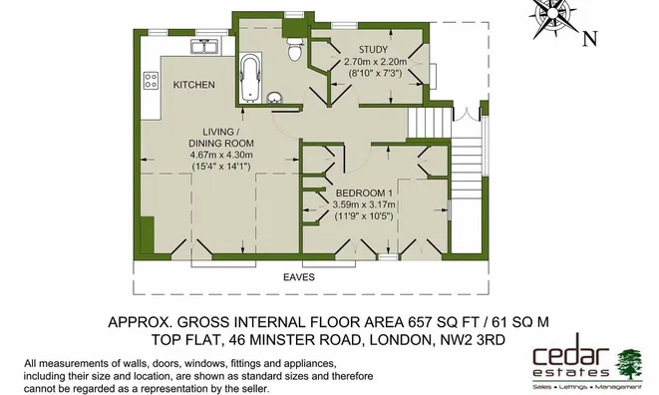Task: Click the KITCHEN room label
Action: pyautogui.click(x=193, y=86)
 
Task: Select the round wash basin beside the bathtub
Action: pyautogui.click(x=275, y=98)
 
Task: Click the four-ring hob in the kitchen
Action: pyautogui.click(x=152, y=76)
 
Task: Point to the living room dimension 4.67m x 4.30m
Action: pyautogui.click(x=221, y=155)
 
